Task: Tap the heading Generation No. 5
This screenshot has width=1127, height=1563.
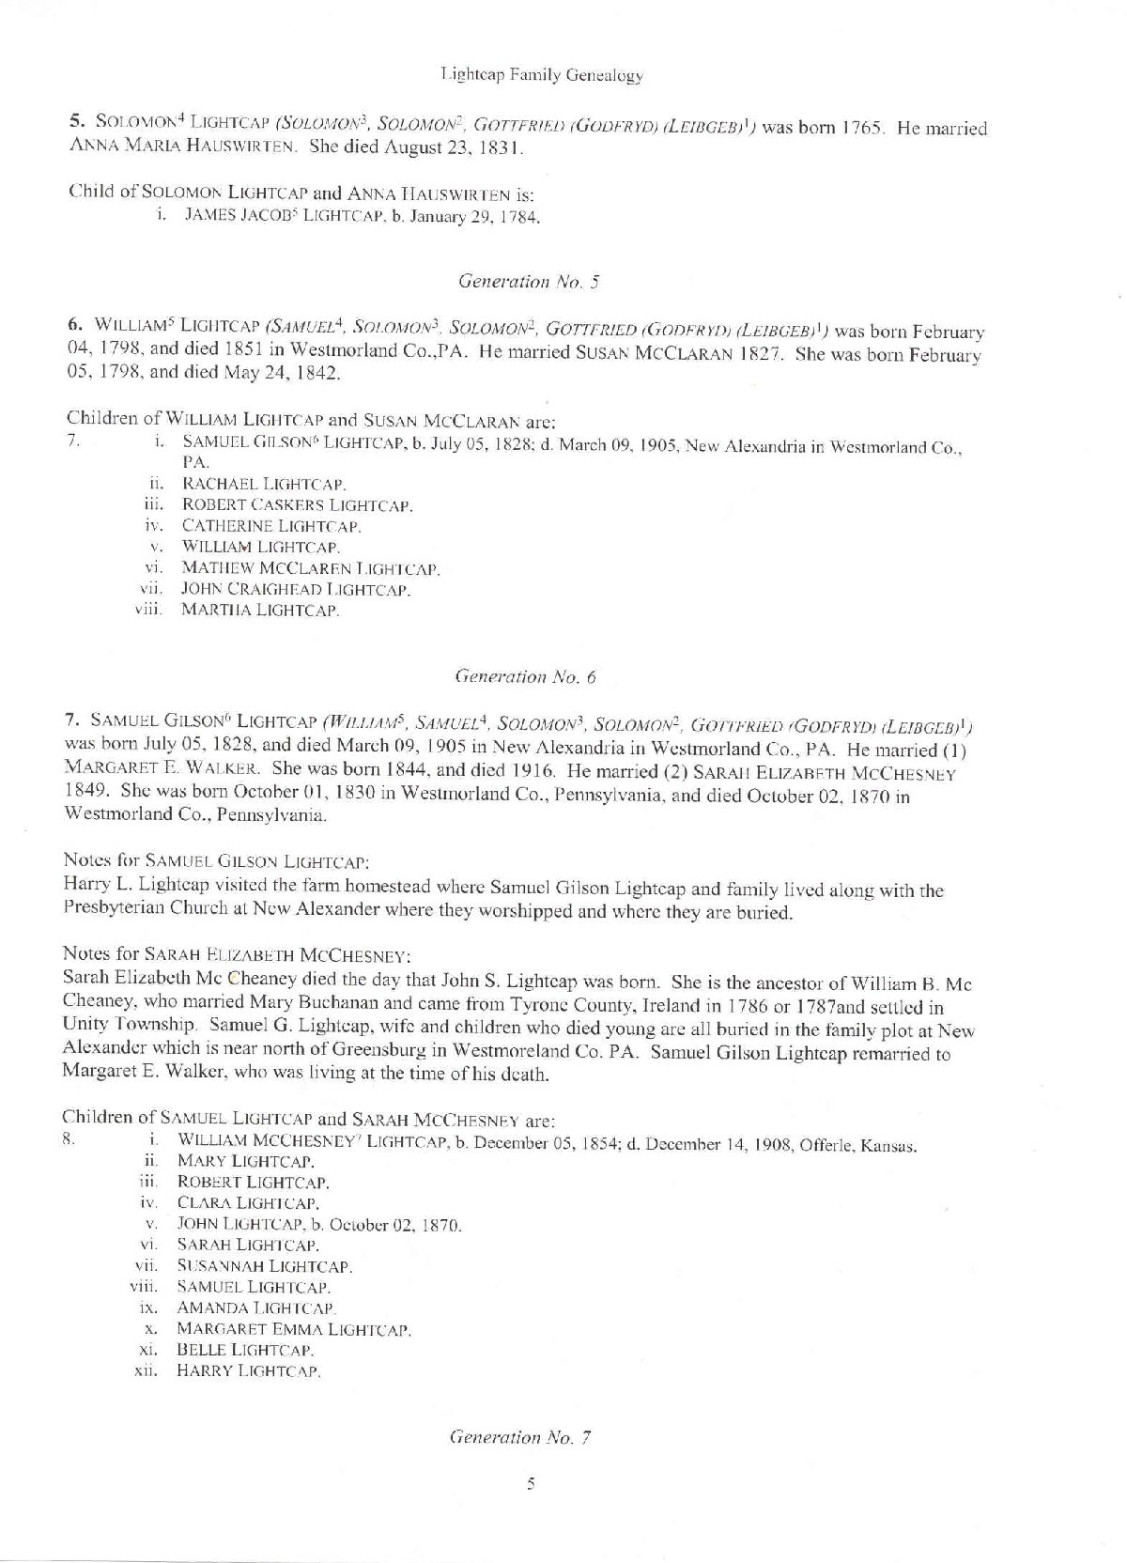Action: click(x=516, y=280)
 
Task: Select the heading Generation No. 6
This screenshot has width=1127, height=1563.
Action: click(x=526, y=676)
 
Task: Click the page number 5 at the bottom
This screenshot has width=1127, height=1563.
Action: click(x=531, y=1484)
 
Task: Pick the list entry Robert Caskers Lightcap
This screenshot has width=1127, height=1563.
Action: click(x=297, y=505)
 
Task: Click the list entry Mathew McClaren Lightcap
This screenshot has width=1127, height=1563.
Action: click(x=310, y=568)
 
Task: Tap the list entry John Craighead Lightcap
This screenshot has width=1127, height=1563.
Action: click(x=296, y=590)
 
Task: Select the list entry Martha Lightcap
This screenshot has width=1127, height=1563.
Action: click(x=260, y=611)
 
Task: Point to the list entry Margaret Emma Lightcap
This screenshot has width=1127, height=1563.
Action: click(x=294, y=1329)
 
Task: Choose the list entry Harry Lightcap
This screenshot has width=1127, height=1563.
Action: click(x=249, y=1371)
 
